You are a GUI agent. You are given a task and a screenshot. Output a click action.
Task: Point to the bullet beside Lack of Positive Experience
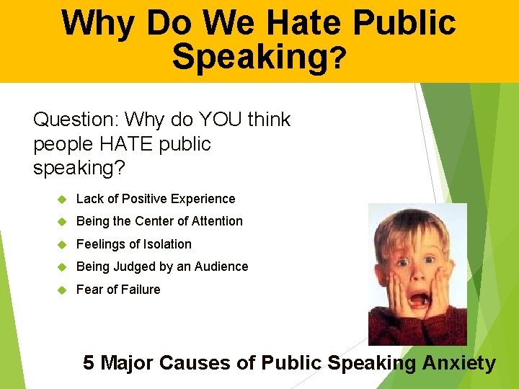62,199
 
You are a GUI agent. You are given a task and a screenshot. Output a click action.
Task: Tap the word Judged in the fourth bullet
131,267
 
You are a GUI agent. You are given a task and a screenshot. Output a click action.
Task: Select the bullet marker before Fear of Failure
62,290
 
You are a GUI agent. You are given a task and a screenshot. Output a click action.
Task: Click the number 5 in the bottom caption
89,362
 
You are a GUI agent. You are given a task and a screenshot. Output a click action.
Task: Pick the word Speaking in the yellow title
249,56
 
